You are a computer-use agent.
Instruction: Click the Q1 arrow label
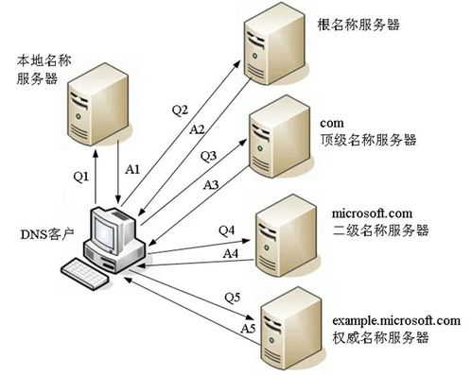coord(80,175)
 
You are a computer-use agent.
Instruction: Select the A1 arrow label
coord(133,168)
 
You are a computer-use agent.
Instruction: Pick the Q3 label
coord(209,155)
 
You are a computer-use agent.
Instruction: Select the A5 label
coord(248,328)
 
